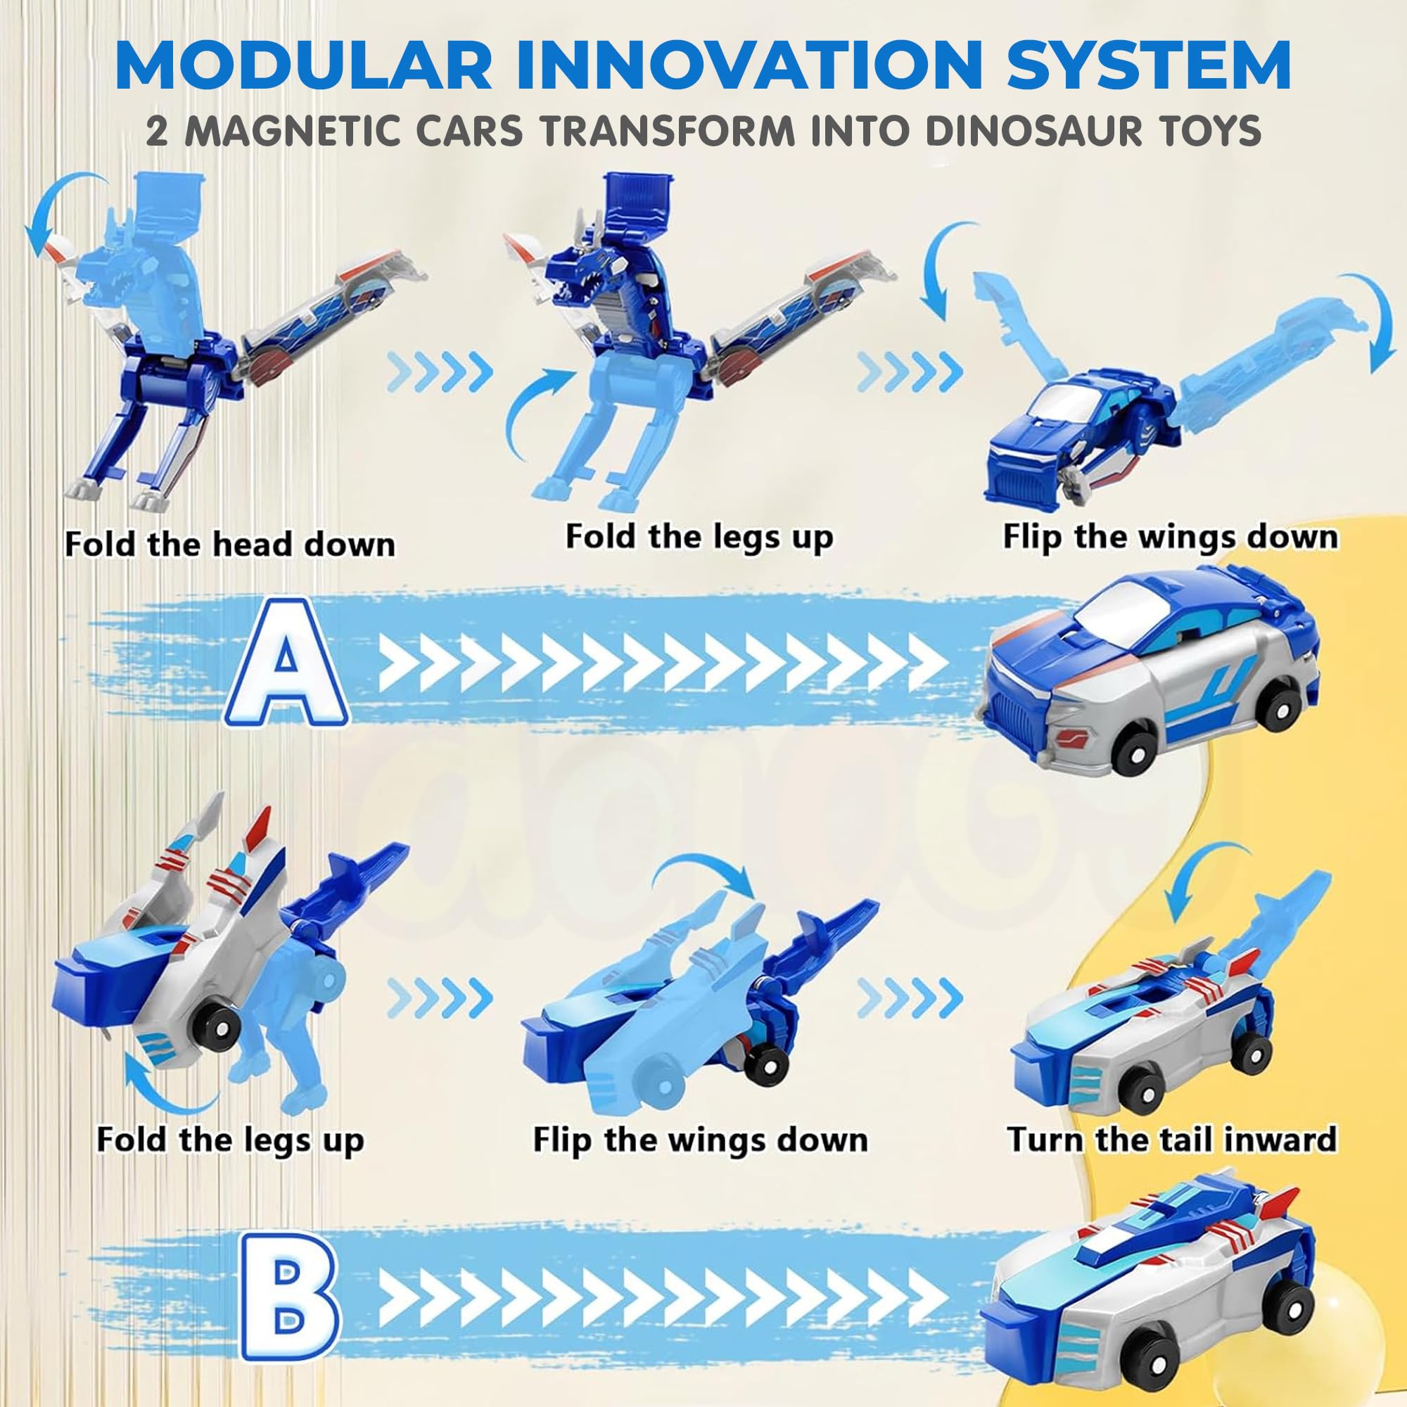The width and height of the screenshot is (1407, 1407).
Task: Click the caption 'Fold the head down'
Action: (x=230, y=544)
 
